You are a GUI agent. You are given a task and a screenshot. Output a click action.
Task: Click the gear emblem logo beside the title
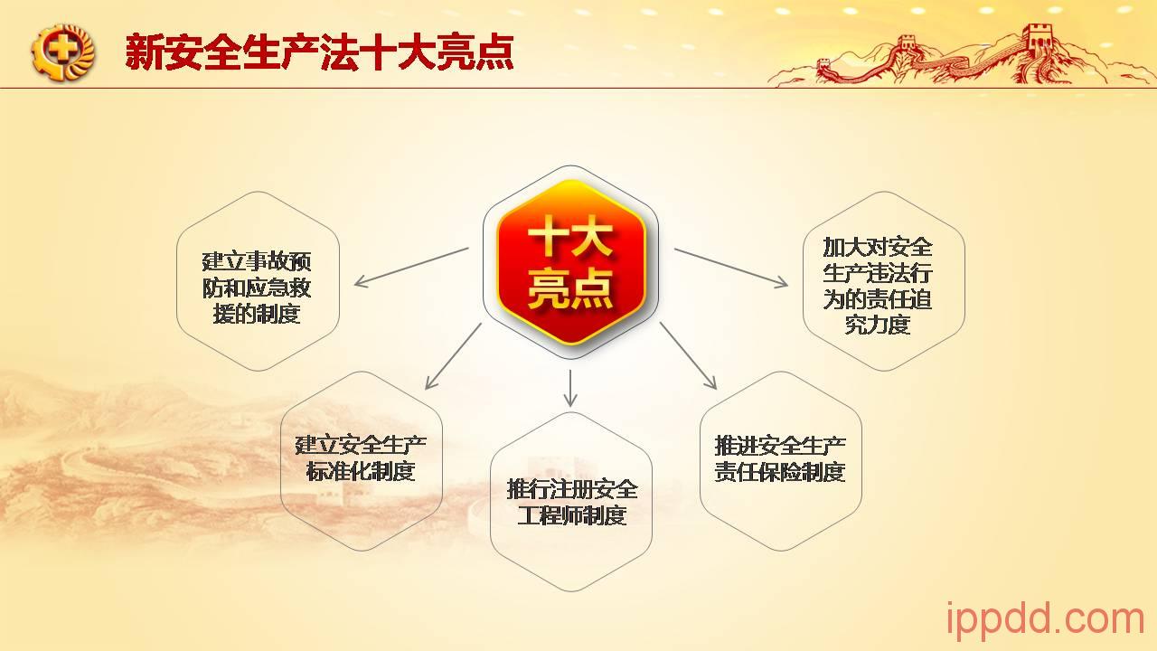[63, 52]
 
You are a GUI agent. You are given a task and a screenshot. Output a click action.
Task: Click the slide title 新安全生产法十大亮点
[319, 52]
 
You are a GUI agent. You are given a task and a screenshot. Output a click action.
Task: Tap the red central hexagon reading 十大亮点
[570, 262]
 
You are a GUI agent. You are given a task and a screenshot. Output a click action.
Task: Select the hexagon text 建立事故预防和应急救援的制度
[257, 288]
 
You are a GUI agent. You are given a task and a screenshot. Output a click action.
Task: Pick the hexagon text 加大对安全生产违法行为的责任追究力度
[878, 286]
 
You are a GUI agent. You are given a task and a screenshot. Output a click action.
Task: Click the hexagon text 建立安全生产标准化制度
[361, 458]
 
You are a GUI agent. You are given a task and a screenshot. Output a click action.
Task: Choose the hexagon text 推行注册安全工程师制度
[572, 502]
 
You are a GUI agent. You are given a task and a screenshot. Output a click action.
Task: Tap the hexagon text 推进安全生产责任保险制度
[780, 458]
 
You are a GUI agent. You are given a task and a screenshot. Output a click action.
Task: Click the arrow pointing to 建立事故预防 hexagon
[411, 267]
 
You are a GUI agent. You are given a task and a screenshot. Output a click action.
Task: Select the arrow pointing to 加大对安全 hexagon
[731, 268]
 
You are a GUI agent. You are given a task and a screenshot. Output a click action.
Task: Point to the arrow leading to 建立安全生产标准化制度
[453, 356]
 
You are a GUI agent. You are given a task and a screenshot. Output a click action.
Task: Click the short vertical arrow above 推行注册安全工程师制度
[570, 389]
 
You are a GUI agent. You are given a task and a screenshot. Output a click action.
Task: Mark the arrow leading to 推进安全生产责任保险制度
[689, 356]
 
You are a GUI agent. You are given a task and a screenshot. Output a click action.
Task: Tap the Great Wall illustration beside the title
[961, 56]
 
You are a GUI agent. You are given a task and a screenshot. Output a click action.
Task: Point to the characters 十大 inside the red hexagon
[570, 236]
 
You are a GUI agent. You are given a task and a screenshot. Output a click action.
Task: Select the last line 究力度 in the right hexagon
[878, 325]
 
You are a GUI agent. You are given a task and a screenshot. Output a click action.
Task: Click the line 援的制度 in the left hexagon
[257, 314]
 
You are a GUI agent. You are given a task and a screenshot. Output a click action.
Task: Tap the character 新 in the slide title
[144, 52]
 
